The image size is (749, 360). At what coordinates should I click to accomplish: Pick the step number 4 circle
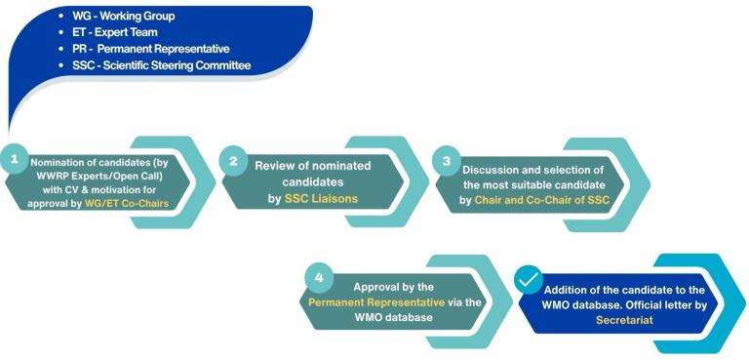317,275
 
